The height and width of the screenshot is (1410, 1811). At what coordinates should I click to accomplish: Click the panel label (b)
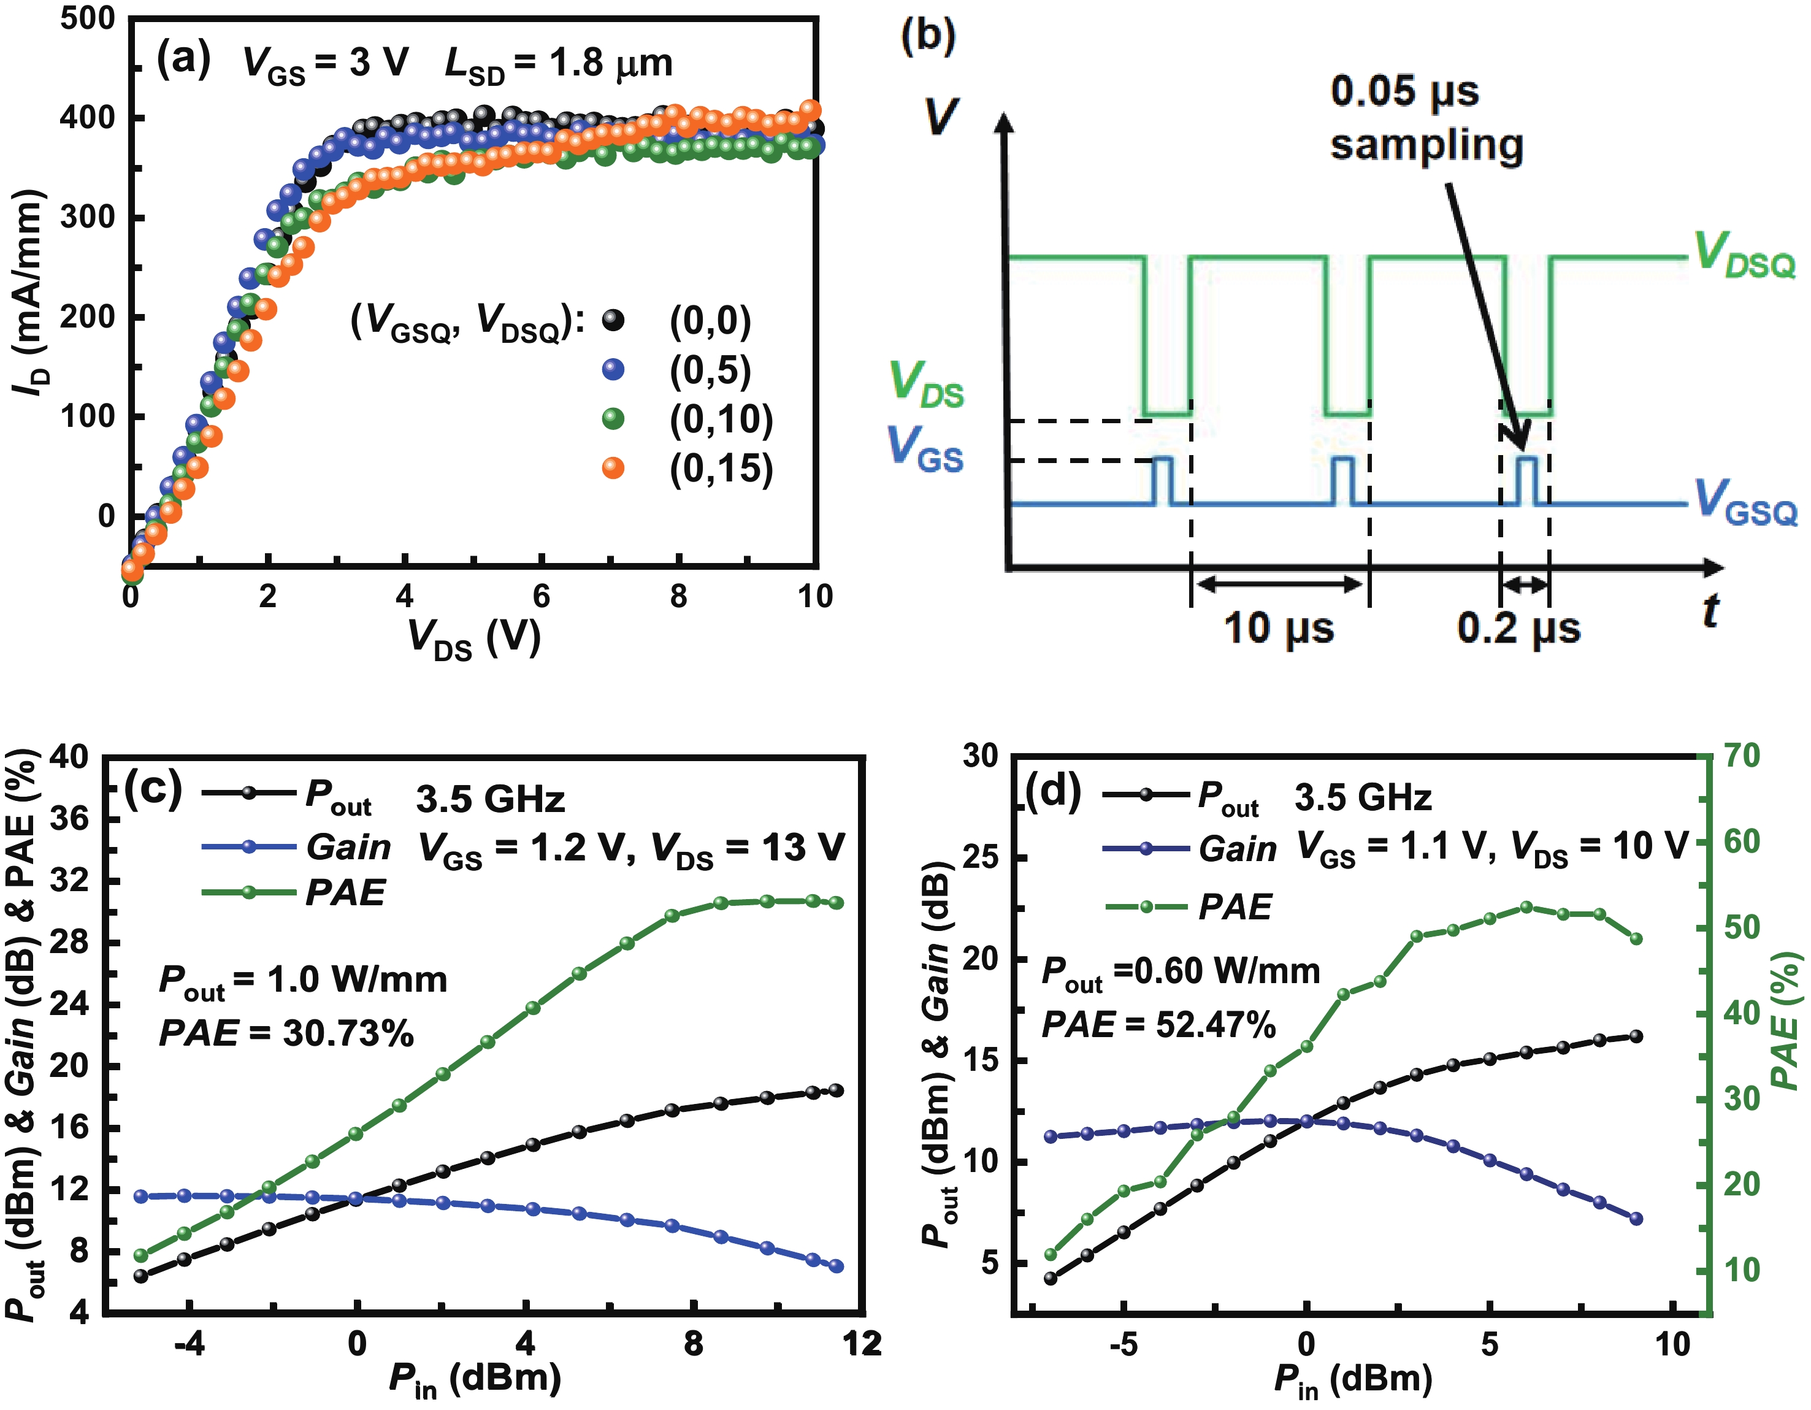[x=928, y=37]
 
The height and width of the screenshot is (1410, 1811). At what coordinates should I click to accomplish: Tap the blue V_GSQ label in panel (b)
[x=1745, y=501]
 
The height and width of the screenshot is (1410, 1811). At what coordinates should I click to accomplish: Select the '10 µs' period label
[x=1279, y=628]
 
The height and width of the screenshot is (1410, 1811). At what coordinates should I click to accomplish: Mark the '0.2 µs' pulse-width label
[x=1518, y=628]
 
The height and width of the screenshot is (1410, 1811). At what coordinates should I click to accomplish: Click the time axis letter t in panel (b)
[x=1709, y=611]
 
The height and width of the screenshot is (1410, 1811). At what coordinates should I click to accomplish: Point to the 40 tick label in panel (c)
[x=70, y=756]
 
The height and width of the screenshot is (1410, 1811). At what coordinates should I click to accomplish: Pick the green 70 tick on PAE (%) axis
[x=1741, y=756]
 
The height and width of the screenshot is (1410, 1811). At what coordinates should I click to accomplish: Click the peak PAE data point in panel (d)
[x=1526, y=907]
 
